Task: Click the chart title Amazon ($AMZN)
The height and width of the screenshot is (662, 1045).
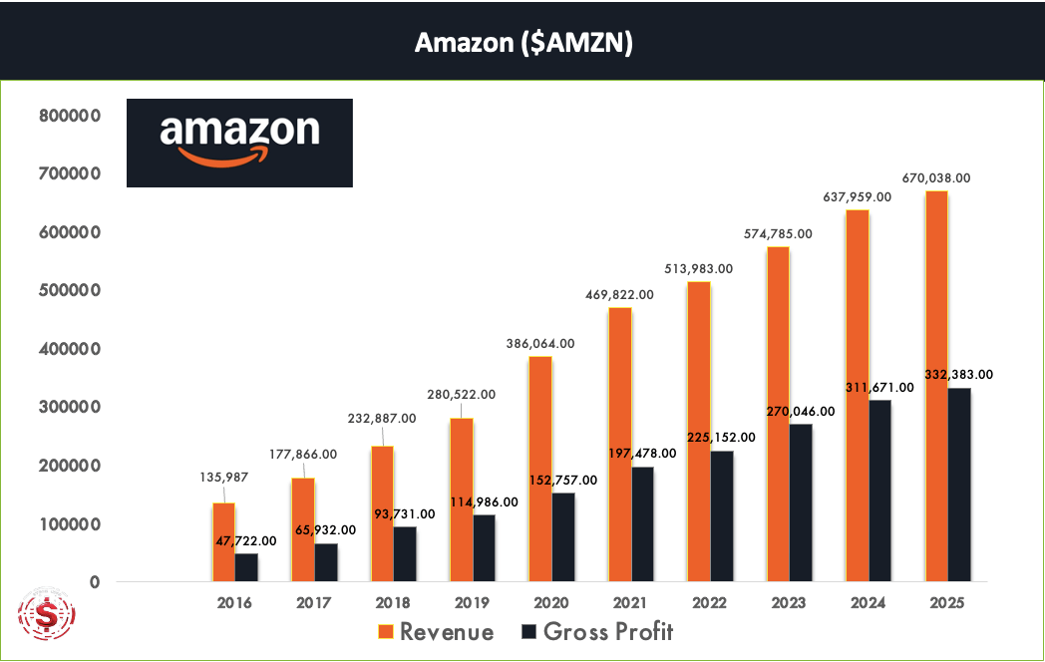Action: (x=523, y=44)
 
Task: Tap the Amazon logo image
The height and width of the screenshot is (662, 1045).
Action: (x=239, y=143)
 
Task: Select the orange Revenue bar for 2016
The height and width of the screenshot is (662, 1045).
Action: (x=223, y=542)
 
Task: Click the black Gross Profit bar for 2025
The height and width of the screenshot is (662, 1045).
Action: (x=959, y=485)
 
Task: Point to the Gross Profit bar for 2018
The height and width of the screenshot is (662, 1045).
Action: (x=405, y=554)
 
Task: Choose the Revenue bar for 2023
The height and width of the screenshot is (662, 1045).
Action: (x=778, y=414)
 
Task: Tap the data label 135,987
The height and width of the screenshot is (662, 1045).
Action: (x=223, y=479)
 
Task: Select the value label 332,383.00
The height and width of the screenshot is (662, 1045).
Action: (x=959, y=375)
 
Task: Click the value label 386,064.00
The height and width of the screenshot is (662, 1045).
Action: (x=540, y=342)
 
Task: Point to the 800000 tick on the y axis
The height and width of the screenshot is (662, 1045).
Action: (x=70, y=116)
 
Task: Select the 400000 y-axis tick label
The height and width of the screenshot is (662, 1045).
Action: (x=70, y=349)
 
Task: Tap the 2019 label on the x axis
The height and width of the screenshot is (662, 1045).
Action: (x=472, y=602)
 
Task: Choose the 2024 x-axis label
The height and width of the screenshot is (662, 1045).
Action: (x=868, y=602)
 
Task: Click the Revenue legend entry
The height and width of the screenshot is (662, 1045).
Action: (x=435, y=632)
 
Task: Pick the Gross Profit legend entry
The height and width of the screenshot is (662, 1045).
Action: (x=597, y=632)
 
